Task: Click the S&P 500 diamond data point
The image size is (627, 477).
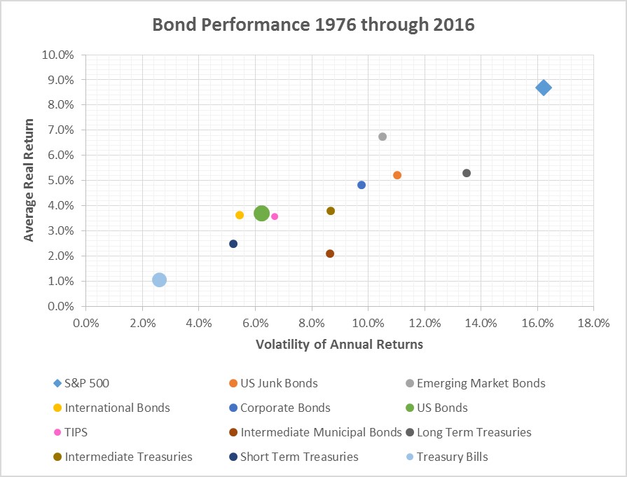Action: [x=543, y=88]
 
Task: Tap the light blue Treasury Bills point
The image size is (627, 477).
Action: [x=159, y=280]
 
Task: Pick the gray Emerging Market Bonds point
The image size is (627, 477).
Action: [x=383, y=137]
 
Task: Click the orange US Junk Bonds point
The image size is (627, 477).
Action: [x=397, y=175]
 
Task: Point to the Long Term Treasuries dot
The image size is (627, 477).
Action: [x=467, y=173]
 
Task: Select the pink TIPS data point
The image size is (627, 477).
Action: [x=275, y=216]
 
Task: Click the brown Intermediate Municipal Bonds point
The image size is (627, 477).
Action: [x=330, y=254]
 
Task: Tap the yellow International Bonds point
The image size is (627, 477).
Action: [x=240, y=215]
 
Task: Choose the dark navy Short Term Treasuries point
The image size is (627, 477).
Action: [x=233, y=244]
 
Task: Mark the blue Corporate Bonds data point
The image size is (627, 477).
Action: [x=361, y=185]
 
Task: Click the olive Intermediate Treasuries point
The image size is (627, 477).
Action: [x=331, y=211]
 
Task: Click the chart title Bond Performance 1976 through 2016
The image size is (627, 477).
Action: [x=313, y=25]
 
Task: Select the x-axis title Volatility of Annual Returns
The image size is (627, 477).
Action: [x=339, y=344]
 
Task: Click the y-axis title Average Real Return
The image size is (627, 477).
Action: [x=29, y=180]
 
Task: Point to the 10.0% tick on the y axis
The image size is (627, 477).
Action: [x=60, y=55]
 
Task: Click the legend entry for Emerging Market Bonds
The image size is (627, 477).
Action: [x=481, y=383]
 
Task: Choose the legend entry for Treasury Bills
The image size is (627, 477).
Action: [x=452, y=457]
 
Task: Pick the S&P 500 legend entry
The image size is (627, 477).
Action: [x=87, y=383]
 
